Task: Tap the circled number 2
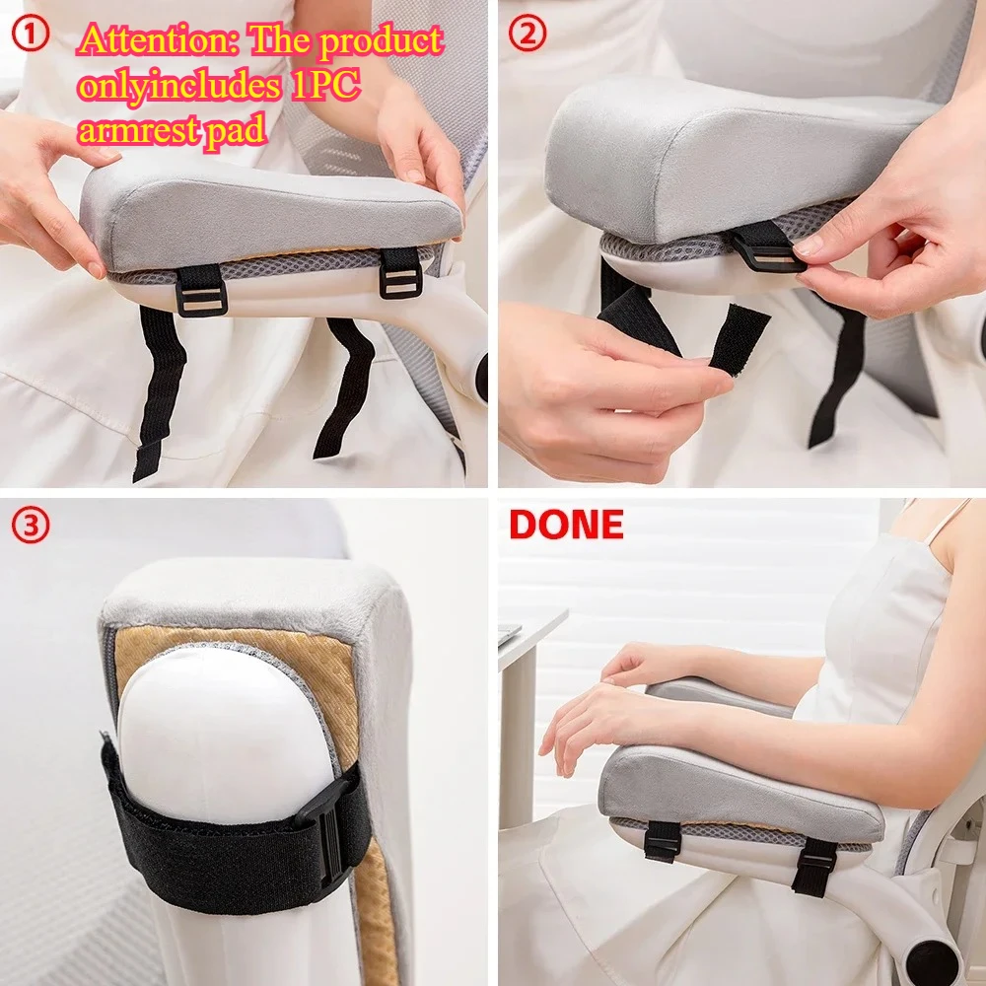coord(527,35)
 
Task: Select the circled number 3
coord(31,526)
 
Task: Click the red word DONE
coord(566,525)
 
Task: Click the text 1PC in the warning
coord(324,85)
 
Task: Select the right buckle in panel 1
coord(400,273)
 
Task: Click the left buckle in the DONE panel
coord(663,841)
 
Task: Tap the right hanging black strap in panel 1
coord(345,385)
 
